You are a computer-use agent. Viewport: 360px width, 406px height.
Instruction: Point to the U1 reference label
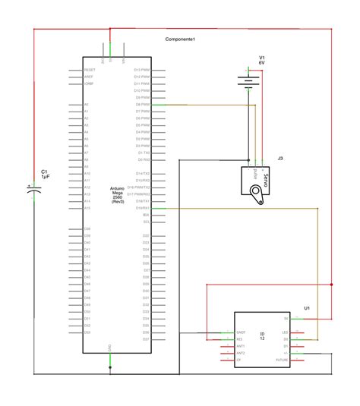tap(307, 308)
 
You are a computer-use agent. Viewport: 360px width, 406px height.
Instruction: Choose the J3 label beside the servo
tap(280, 158)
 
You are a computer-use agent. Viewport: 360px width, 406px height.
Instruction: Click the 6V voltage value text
tap(262, 64)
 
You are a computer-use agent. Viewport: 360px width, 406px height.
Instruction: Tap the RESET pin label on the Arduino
tap(89, 69)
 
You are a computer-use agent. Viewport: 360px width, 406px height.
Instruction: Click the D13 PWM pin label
tap(142, 69)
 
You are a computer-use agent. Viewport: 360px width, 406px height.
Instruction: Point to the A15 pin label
tap(87, 208)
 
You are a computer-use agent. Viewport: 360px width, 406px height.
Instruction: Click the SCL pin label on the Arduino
tap(147, 222)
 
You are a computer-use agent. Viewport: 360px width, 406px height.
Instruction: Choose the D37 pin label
tap(146, 277)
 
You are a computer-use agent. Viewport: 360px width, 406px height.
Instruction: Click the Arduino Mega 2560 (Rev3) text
tap(118, 194)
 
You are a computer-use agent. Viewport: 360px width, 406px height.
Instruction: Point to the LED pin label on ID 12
tap(285, 332)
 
